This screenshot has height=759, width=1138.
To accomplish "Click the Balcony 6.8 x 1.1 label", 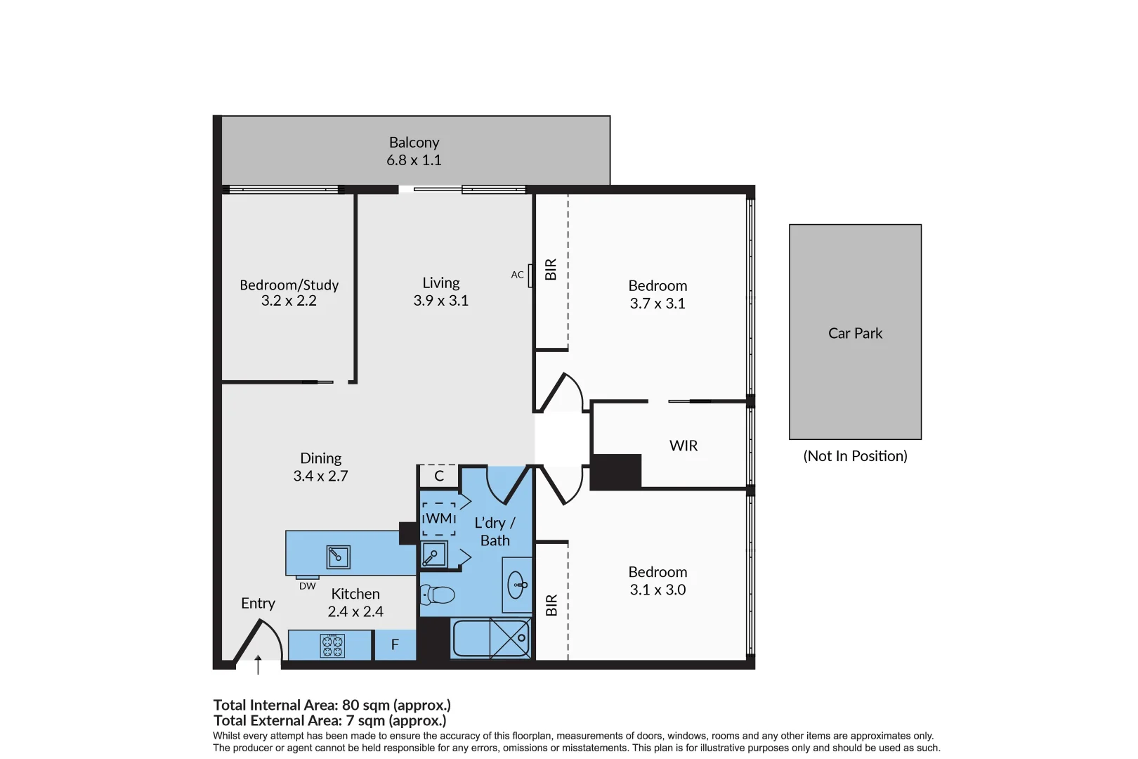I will click(414, 151).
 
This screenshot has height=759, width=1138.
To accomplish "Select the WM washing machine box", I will click(439, 519).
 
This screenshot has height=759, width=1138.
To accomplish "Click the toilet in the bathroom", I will click(437, 595).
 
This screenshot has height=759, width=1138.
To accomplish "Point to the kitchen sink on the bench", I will click(338, 557).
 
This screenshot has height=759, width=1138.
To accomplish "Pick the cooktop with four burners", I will click(332, 646).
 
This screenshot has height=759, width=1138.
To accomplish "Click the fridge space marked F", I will click(395, 644).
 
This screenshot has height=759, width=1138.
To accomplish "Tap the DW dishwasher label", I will click(308, 586).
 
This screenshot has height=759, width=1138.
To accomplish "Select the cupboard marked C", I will click(439, 476).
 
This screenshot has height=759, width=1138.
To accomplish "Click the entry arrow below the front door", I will click(258, 664).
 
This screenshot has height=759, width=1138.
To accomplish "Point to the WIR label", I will click(684, 446).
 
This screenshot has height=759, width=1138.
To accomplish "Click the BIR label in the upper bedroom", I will click(551, 269).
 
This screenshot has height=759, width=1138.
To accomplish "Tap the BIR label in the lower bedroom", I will click(551, 605).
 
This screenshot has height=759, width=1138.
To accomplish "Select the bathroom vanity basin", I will click(517, 585).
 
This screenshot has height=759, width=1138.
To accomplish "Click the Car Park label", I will click(855, 333).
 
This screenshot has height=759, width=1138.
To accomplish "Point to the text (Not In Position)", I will click(855, 456).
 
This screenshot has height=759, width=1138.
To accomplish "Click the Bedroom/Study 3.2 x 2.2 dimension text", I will click(289, 301).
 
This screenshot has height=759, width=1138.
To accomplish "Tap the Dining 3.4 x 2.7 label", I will click(320, 467).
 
